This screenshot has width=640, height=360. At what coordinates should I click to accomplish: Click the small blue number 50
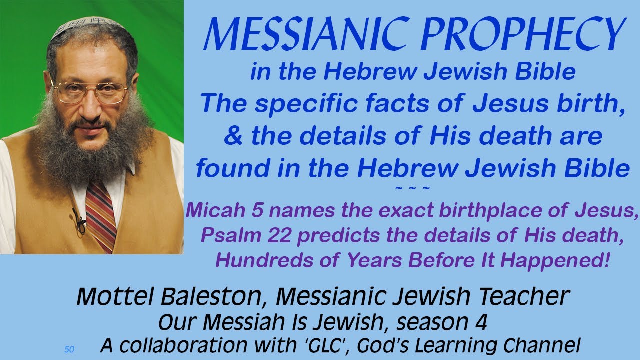[69, 349]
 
